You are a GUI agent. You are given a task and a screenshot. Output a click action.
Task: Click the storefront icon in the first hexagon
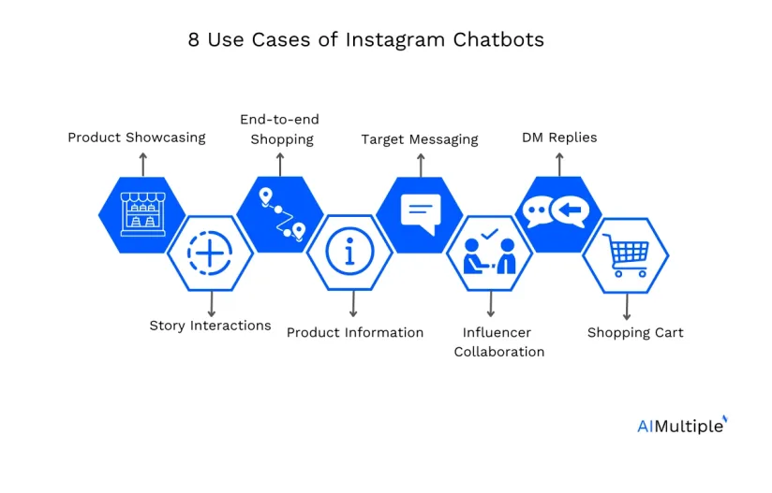pos(142,214)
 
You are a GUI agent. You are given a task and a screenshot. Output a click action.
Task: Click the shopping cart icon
pos(625,255)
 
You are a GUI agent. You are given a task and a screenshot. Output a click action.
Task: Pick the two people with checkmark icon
pos(489,252)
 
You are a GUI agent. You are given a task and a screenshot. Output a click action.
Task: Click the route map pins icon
pos(282,214)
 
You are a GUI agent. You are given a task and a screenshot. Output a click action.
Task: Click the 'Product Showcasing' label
pos(137,138)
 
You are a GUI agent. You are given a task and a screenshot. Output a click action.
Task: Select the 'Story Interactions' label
pos(210,326)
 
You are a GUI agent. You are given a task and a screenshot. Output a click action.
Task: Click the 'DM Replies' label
pos(559,138)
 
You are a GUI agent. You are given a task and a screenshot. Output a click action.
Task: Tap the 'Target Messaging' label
pos(420,139)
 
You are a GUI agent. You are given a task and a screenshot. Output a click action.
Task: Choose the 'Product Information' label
pos(355,333)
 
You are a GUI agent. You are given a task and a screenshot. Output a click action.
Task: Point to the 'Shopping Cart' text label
pos(635,333)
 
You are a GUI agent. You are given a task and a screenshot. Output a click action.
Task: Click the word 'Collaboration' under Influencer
pos(499,352)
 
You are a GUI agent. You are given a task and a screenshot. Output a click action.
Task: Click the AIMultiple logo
pos(682,426)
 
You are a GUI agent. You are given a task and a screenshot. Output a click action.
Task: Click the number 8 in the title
pos(194,40)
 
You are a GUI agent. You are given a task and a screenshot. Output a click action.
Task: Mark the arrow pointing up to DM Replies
pos(559,164)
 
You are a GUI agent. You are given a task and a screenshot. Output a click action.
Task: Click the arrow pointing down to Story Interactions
pos(211,304)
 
